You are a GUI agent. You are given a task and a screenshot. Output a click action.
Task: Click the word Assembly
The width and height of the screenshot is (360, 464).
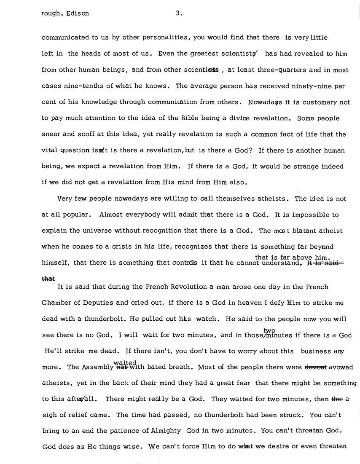click(x=91, y=367)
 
